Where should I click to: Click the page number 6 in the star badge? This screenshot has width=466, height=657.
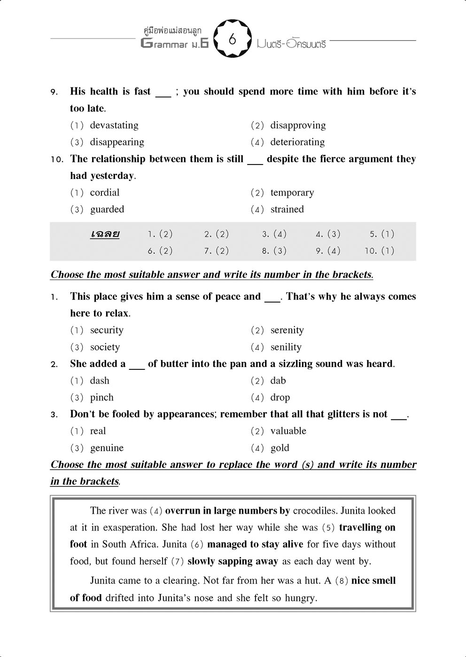tap(233, 39)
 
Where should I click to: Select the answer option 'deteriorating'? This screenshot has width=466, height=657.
tap(297, 142)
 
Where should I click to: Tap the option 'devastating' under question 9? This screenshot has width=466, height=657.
tap(114, 125)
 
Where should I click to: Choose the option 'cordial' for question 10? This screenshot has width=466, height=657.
tap(105, 192)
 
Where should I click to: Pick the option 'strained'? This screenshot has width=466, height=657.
tap(287, 209)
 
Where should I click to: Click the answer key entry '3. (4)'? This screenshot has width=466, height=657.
tap(274, 234)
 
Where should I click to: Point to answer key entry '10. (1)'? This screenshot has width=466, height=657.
tap(380, 251)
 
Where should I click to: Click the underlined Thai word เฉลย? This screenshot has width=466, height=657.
tap(105, 234)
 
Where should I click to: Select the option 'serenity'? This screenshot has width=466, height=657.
tap(287, 330)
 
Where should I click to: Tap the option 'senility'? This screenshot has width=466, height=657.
tap(286, 347)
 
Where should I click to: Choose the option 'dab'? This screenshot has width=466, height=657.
tap(278, 381)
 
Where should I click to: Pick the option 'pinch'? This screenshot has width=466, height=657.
tap(102, 398)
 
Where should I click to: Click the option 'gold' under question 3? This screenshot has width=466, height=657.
tap(280, 448)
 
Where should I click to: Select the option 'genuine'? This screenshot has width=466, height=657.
tap(107, 448)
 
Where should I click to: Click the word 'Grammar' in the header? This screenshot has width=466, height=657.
tap(167, 44)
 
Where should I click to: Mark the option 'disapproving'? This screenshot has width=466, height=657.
tap(298, 125)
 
